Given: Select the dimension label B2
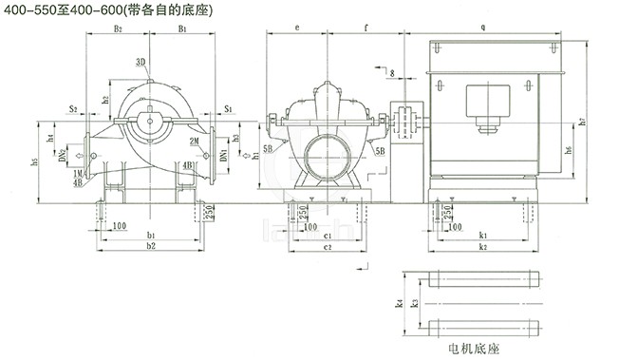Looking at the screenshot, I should coord(118,30).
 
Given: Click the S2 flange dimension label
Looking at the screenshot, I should coord(72,110).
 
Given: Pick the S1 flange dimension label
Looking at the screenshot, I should coord(228,110).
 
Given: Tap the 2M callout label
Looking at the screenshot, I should coord(193,142).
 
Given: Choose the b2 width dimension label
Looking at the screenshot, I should coord(150,246).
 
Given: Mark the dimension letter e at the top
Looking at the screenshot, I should coord(297,28).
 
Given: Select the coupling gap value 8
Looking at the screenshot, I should coord(390,72).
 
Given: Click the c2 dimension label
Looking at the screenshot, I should coord(326,246).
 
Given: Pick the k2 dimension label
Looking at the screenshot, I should coord(483,246).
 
